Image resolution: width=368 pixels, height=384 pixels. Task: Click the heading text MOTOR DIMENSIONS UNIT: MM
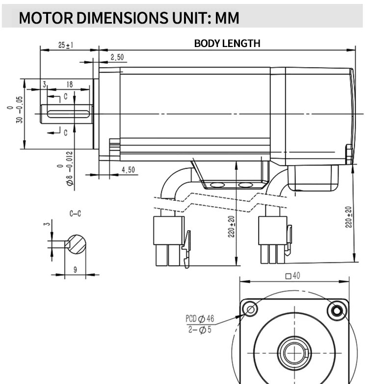point(129,18)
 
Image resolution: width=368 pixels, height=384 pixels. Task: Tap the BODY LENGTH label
point(227,43)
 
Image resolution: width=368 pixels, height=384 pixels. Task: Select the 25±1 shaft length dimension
point(66,45)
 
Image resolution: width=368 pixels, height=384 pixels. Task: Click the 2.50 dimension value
point(117,57)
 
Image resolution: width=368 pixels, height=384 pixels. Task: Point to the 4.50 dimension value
point(128,170)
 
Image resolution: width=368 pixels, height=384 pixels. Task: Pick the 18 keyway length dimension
point(69,84)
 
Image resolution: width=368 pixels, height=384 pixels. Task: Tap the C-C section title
point(75,214)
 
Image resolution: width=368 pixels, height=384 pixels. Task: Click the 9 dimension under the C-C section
point(75,268)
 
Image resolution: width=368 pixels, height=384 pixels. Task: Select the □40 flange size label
point(292,276)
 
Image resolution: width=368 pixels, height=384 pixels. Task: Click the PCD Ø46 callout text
point(200,319)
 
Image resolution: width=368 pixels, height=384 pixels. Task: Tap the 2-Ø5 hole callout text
point(200,329)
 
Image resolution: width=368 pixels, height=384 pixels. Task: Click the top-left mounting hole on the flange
point(251,310)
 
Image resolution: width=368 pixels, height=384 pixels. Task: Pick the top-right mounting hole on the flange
point(337,310)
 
